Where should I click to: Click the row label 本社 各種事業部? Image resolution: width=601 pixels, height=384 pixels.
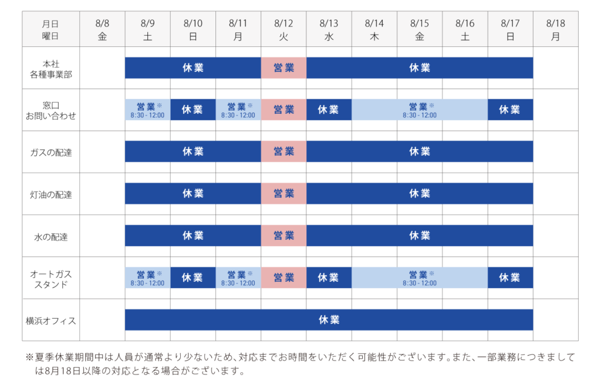coord(50,68)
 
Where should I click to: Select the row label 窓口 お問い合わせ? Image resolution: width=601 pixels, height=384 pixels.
coord(50,110)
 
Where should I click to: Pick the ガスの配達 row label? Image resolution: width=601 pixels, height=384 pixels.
coord(50,152)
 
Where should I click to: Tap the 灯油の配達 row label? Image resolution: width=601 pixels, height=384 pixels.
coord(50,194)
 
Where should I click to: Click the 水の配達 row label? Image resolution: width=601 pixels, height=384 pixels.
coord(50,236)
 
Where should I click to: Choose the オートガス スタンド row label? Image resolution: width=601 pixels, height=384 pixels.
coord(50,278)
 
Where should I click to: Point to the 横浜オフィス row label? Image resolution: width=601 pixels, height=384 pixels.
coord(50,320)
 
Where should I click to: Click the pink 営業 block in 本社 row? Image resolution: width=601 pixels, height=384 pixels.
coord(283,68)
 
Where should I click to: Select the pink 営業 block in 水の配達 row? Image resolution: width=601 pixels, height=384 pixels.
coord(283,235)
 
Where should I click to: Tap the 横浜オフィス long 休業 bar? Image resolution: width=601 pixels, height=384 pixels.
coord(329,319)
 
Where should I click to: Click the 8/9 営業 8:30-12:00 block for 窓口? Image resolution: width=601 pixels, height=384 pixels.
coord(147,110)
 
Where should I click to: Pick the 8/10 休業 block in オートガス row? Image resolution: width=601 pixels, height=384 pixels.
coord(193,278)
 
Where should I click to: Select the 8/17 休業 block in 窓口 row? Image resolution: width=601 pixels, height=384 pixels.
coord(510,110)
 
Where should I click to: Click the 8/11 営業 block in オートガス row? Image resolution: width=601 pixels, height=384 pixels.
coord(238,278)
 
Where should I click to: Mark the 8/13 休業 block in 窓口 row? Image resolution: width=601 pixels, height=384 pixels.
coord(329,110)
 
